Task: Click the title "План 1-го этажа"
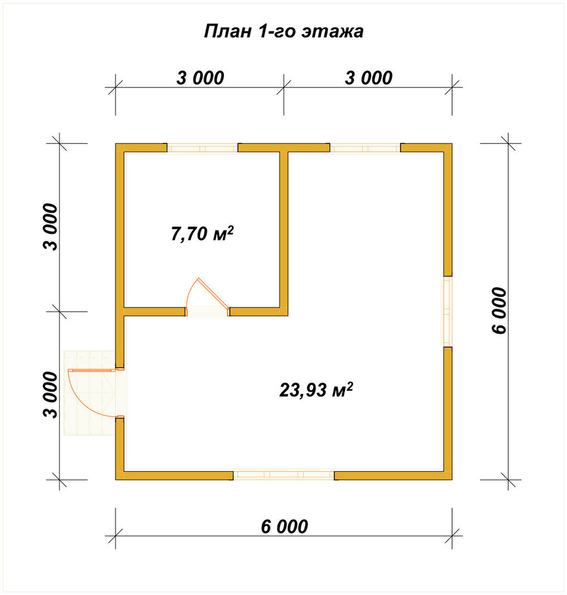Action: (283, 32)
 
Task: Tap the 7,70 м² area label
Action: (202, 233)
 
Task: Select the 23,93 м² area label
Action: (316, 390)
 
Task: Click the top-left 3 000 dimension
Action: (200, 78)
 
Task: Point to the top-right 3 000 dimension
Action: (369, 78)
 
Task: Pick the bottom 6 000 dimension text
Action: (285, 527)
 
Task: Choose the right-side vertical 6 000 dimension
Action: (499, 311)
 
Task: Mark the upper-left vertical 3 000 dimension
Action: (51, 227)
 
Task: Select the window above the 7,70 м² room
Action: (203, 148)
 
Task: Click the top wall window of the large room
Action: (365, 148)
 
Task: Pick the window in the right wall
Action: (448, 311)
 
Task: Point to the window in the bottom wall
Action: (283, 475)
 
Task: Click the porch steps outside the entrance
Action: (89, 393)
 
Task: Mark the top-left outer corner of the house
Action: (116, 144)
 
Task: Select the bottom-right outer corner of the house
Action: (452, 480)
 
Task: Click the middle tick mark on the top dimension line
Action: (283, 87)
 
